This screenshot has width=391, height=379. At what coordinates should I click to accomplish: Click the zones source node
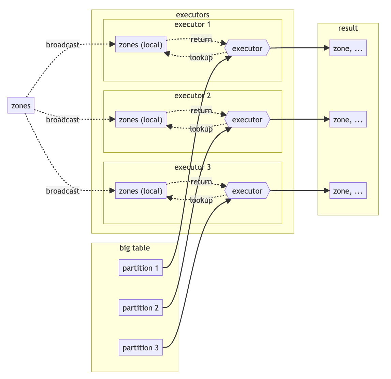(x=21, y=106)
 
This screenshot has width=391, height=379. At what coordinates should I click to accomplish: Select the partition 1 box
(x=141, y=268)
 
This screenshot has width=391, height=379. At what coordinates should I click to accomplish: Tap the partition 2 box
(x=141, y=308)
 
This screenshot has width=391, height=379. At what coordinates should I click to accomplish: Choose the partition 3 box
(x=141, y=348)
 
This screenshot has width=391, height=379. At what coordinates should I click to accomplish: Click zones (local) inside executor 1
(x=141, y=45)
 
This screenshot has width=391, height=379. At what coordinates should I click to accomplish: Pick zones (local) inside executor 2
(x=141, y=120)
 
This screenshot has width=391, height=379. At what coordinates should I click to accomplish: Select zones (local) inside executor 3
(x=141, y=191)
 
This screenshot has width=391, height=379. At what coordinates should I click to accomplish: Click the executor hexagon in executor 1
(x=247, y=48)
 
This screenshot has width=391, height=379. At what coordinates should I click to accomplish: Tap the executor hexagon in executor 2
(x=247, y=120)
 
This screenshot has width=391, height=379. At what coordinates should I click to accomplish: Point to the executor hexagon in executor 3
(x=247, y=191)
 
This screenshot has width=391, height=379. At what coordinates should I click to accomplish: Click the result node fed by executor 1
(x=348, y=48)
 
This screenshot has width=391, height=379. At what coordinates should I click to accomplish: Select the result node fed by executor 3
(x=348, y=191)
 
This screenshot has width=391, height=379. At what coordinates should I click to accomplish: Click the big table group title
(x=134, y=248)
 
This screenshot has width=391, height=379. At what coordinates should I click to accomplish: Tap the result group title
(x=348, y=28)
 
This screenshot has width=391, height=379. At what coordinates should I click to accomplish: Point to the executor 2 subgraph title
(x=192, y=95)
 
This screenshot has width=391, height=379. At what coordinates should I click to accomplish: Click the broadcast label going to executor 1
(x=63, y=45)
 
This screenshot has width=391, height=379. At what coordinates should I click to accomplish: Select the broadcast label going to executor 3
(x=63, y=191)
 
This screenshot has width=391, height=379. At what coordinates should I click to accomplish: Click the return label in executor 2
(x=201, y=110)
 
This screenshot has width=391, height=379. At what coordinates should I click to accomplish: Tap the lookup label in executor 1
(x=201, y=58)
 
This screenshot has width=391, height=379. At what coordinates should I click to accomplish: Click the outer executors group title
(x=192, y=15)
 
